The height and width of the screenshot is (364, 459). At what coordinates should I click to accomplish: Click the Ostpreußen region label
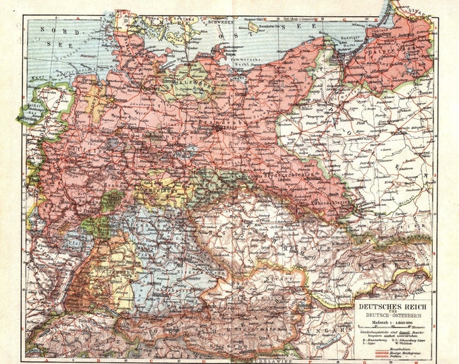386,50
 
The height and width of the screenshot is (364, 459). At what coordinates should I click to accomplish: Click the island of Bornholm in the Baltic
253,28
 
